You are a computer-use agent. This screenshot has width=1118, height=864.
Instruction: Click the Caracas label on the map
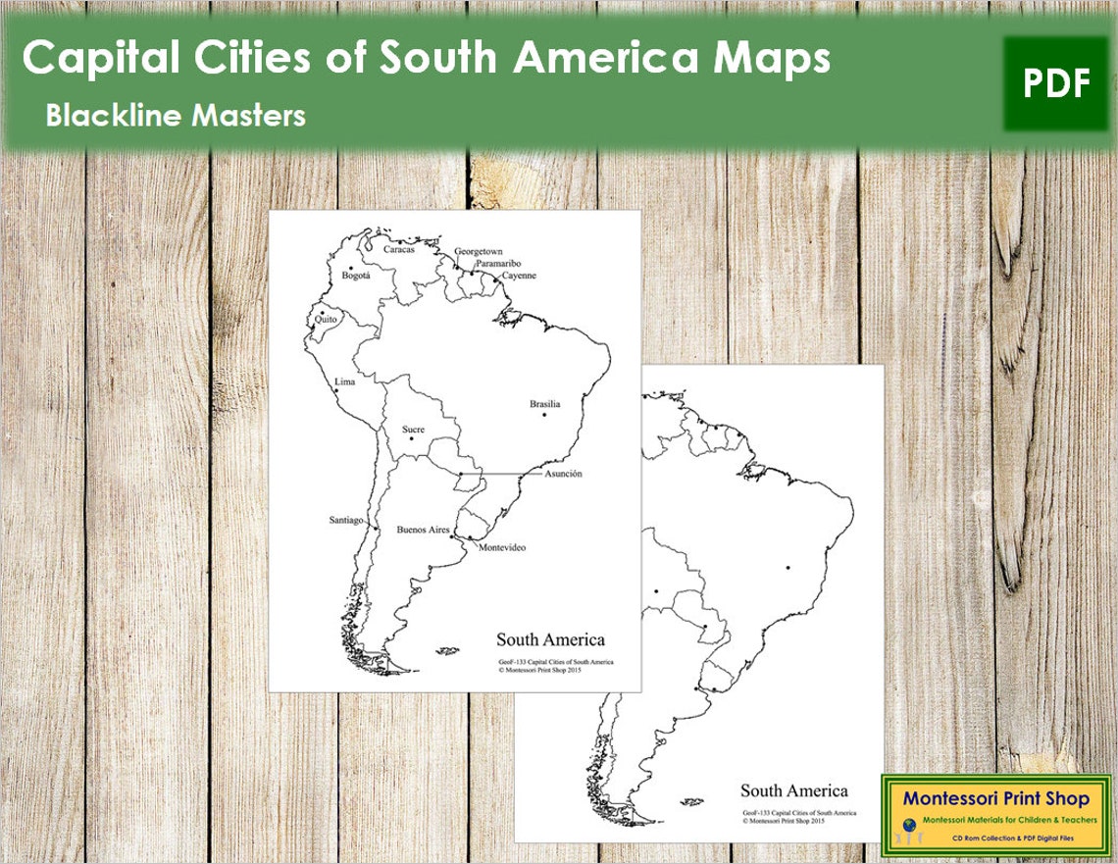click(x=398, y=249)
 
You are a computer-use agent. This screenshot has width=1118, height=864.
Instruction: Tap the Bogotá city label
click(x=355, y=276)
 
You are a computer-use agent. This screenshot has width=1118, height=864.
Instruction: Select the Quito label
click(x=326, y=318)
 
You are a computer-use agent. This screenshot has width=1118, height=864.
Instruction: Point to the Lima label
click(x=344, y=381)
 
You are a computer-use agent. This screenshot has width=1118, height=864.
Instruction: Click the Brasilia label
click(x=545, y=404)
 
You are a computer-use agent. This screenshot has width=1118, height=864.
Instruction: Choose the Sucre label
click(x=413, y=430)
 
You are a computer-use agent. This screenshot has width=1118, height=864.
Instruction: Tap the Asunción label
click(x=563, y=474)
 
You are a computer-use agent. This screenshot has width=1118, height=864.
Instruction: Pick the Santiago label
click(x=346, y=520)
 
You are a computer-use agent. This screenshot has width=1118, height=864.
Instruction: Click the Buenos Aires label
click(x=423, y=530)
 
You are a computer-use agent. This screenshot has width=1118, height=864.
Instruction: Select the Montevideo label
click(x=501, y=547)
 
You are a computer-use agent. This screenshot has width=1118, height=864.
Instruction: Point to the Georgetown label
click(x=478, y=252)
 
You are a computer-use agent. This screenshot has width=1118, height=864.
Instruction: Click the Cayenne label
click(x=519, y=276)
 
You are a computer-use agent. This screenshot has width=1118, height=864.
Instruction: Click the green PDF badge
click(x=1056, y=83)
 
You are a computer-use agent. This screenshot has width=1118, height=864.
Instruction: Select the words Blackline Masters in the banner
click(x=176, y=116)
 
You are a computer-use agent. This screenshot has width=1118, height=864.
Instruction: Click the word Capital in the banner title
click(x=99, y=60)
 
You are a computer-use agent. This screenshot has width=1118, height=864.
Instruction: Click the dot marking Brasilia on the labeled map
click(x=544, y=415)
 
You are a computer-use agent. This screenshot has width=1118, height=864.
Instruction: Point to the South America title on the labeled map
click(x=550, y=640)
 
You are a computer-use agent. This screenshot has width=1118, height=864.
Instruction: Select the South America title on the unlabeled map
click(x=793, y=790)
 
